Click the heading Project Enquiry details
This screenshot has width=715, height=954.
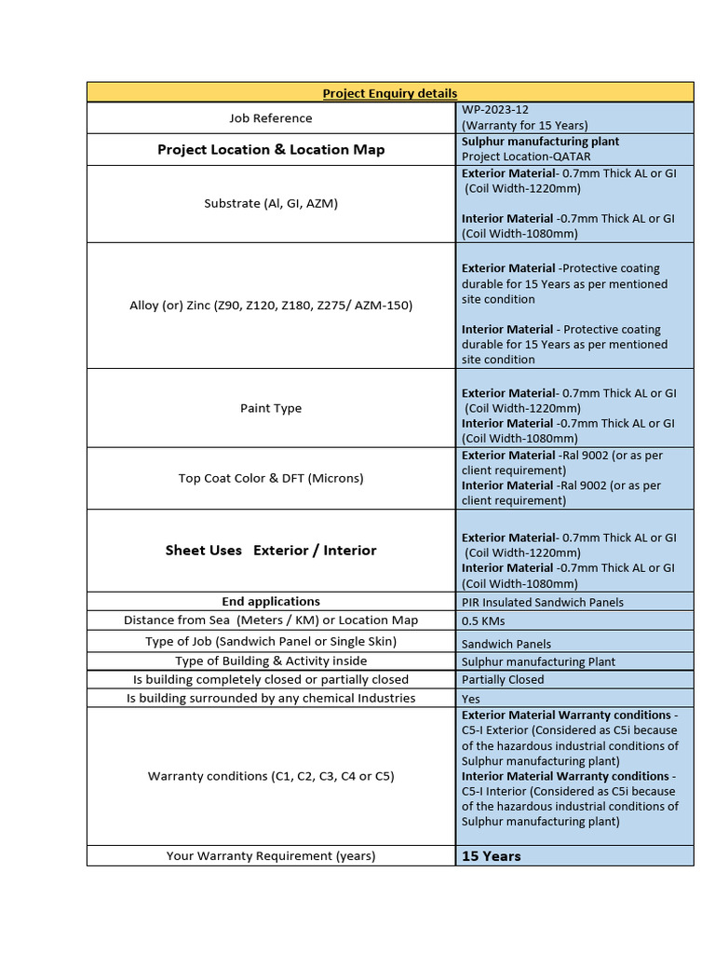pyautogui.click(x=389, y=93)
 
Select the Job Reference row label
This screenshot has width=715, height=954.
pyautogui.click(x=271, y=118)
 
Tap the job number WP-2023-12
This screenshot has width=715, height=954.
pyautogui.click(x=495, y=110)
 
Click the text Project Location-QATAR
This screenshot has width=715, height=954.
pyautogui.click(x=526, y=157)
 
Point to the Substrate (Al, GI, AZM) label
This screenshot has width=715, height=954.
pyautogui.click(x=271, y=203)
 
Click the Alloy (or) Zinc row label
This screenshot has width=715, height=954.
pyautogui.click(x=271, y=305)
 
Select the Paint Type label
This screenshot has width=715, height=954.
pyautogui.click(x=271, y=408)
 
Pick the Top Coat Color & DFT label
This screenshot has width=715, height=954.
pyautogui.click(x=271, y=478)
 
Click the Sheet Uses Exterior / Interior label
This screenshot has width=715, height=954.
pyautogui.click(x=271, y=551)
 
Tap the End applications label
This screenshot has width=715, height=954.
pyautogui.click(x=271, y=602)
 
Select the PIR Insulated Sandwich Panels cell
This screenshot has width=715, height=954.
pyautogui.click(x=543, y=603)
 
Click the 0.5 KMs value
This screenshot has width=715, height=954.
pyautogui.click(x=484, y=620)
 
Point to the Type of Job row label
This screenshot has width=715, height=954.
pyautogui.click(x=271, y=642)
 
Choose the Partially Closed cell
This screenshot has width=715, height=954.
pyautogui.click(x=503, y=680)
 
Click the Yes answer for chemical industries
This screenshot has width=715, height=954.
pyautogui.click(x=472, y=699)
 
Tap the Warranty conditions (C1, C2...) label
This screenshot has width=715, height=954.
pyautogui.click(x=271, y=776)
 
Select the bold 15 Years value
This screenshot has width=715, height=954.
pyautogui.click(x=492, y=856)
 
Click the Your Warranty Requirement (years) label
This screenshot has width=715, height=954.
pyautogui.click(x=271, y=856)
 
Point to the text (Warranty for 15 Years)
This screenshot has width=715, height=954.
pyautogui.click(x=525, y=125)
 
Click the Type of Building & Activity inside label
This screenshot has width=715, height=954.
pyautogui.click(x=271, y=661)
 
